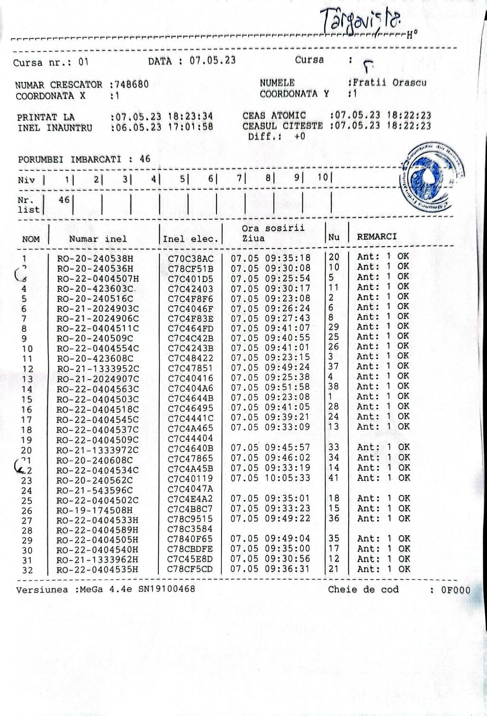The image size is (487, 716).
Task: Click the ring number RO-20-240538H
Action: click(95, 259)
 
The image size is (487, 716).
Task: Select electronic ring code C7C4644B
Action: click(191, 397)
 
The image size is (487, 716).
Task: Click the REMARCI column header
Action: click(377, 236)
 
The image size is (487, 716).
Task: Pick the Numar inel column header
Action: click(98, 239)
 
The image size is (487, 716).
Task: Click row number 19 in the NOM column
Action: click(27, 440)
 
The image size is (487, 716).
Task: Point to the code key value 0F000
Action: click(456, 590)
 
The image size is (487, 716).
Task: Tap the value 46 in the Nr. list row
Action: click(64, 200)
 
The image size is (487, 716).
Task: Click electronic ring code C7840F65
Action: click(190, 539)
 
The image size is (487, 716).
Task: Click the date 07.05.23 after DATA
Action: click(213, 60)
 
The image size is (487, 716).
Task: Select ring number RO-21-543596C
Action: click(95, 490)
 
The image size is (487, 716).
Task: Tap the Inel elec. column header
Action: click(190, 239)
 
